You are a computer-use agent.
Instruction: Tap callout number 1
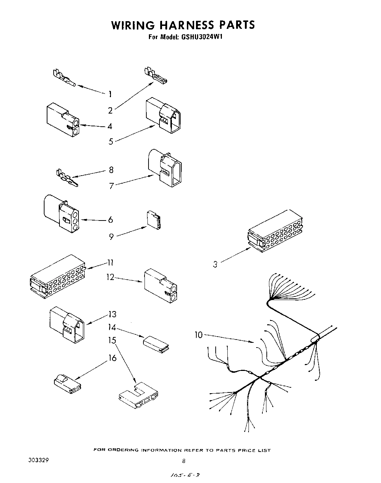click(110, 94)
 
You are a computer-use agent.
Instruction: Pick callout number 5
click(111, 142)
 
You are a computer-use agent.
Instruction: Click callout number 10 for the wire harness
click(199, 334)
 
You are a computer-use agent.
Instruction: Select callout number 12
click(110, 277)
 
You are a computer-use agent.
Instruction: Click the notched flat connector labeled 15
click(139, 397)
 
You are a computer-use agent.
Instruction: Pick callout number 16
click(112, 358)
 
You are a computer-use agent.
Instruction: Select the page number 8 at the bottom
click(184, 461)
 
